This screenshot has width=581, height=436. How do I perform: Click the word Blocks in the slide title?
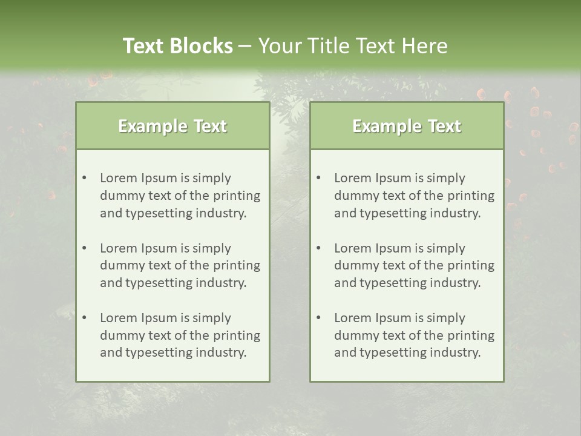click(x=202, y=46)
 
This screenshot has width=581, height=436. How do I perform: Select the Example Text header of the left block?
click(x=172, y=126)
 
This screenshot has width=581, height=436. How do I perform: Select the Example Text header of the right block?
click(x=407, y=126)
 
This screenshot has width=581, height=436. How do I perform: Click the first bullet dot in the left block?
click(x=84, y=178)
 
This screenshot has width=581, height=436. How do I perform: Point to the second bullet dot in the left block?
click(x=84, y=248)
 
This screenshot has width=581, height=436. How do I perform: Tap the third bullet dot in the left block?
click(x=84, y=318)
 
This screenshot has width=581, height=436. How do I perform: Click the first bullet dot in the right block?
click(x=318, y=178)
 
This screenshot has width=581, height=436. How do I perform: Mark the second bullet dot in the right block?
click(x=318, y=248)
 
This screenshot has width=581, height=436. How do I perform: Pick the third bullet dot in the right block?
click(x=318, y=318)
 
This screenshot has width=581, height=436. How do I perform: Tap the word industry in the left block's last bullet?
click(x=221, y=353)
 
